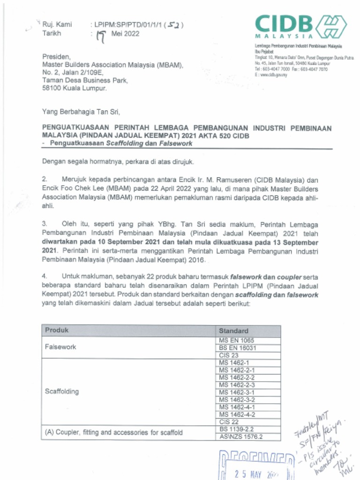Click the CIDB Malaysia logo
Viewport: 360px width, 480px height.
(300, 26)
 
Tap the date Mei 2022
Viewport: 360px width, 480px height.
(125, 34)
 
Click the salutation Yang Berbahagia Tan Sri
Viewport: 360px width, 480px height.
(81, 112)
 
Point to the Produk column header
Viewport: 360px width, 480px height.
(57, 330)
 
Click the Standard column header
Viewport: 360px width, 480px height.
(233, 331)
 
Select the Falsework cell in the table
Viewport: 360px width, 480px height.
(60, 347)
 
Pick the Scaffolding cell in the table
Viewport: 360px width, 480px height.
(62, 391)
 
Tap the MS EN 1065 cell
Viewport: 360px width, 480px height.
(237, 340)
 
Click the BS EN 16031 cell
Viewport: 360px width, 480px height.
(238, 348)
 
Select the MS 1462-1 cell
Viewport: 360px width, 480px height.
(234, 363)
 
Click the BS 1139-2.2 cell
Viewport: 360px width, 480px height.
(237, 429)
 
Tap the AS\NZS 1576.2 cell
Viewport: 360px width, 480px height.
(241, 437)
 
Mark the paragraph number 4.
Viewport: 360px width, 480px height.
(44, 277)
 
